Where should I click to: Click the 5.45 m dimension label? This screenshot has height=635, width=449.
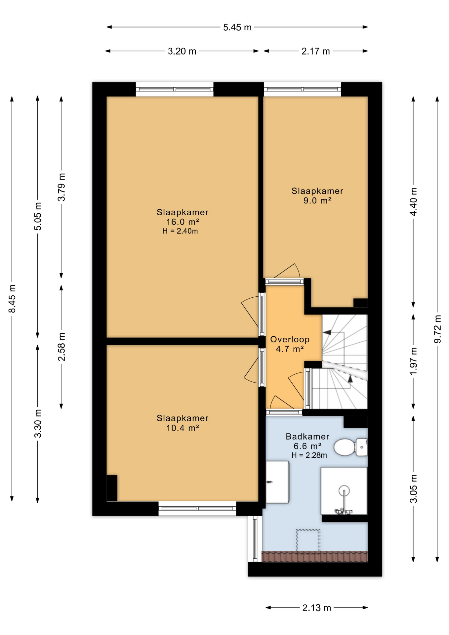click(x=237, y=27)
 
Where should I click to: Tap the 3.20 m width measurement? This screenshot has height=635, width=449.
click(x=182, y=51)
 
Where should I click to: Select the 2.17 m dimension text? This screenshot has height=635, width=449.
click(x=315, y=51)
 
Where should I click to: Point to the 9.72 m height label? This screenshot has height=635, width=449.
click(x=437, y=329)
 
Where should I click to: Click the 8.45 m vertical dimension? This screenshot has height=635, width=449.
click(x=12, y=298)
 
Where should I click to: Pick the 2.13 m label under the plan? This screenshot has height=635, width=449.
click(x=316, y=608)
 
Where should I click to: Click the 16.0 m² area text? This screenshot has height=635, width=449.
click(x=183, y=222)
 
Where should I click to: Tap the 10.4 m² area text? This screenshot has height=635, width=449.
click(x=183, y=428)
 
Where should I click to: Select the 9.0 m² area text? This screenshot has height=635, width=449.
click(x=317, y=200)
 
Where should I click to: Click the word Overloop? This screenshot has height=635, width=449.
click(x=290, y=339)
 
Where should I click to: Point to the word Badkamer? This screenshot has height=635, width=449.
click(x=307, y=437)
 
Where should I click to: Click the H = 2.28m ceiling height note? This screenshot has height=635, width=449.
click(x=309, y=455)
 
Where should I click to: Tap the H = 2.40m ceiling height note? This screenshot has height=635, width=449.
click(x=180, y=231)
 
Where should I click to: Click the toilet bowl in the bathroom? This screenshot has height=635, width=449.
click(x=345, y=447)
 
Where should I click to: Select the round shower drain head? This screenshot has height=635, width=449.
click(x=344, y=490)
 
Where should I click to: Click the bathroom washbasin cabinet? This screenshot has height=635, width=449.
click(x=277, y=482)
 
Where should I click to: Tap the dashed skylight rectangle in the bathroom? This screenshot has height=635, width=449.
click(x=308, y=540)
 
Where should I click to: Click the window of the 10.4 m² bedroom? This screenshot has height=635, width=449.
click(x=197, y=508)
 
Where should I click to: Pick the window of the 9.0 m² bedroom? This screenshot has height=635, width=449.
click(x=302, y=89)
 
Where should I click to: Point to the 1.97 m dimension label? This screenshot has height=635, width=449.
click(x=413, y=361)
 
